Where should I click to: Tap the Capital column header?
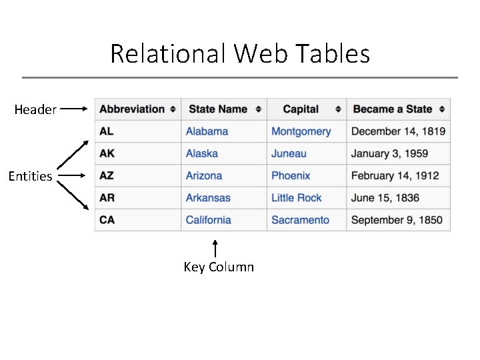click(301, 109)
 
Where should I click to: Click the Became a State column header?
click(393, 109)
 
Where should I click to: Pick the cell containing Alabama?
click(207, 131)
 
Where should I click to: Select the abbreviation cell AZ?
click(107, 176)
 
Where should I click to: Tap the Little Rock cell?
click(296, 198)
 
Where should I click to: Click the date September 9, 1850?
click(397, 220)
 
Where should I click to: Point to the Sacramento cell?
click(300, 220)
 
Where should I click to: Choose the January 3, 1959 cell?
click(389, 153)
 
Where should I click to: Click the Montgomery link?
click(301, 131)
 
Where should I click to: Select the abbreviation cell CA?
click(107, 220)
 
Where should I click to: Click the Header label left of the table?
click(35, 109)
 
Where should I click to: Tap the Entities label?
click(30, 177)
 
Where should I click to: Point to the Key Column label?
click(219, 267)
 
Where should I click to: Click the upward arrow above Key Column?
click(215, 249)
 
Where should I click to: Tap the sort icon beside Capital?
click(338, 109)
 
